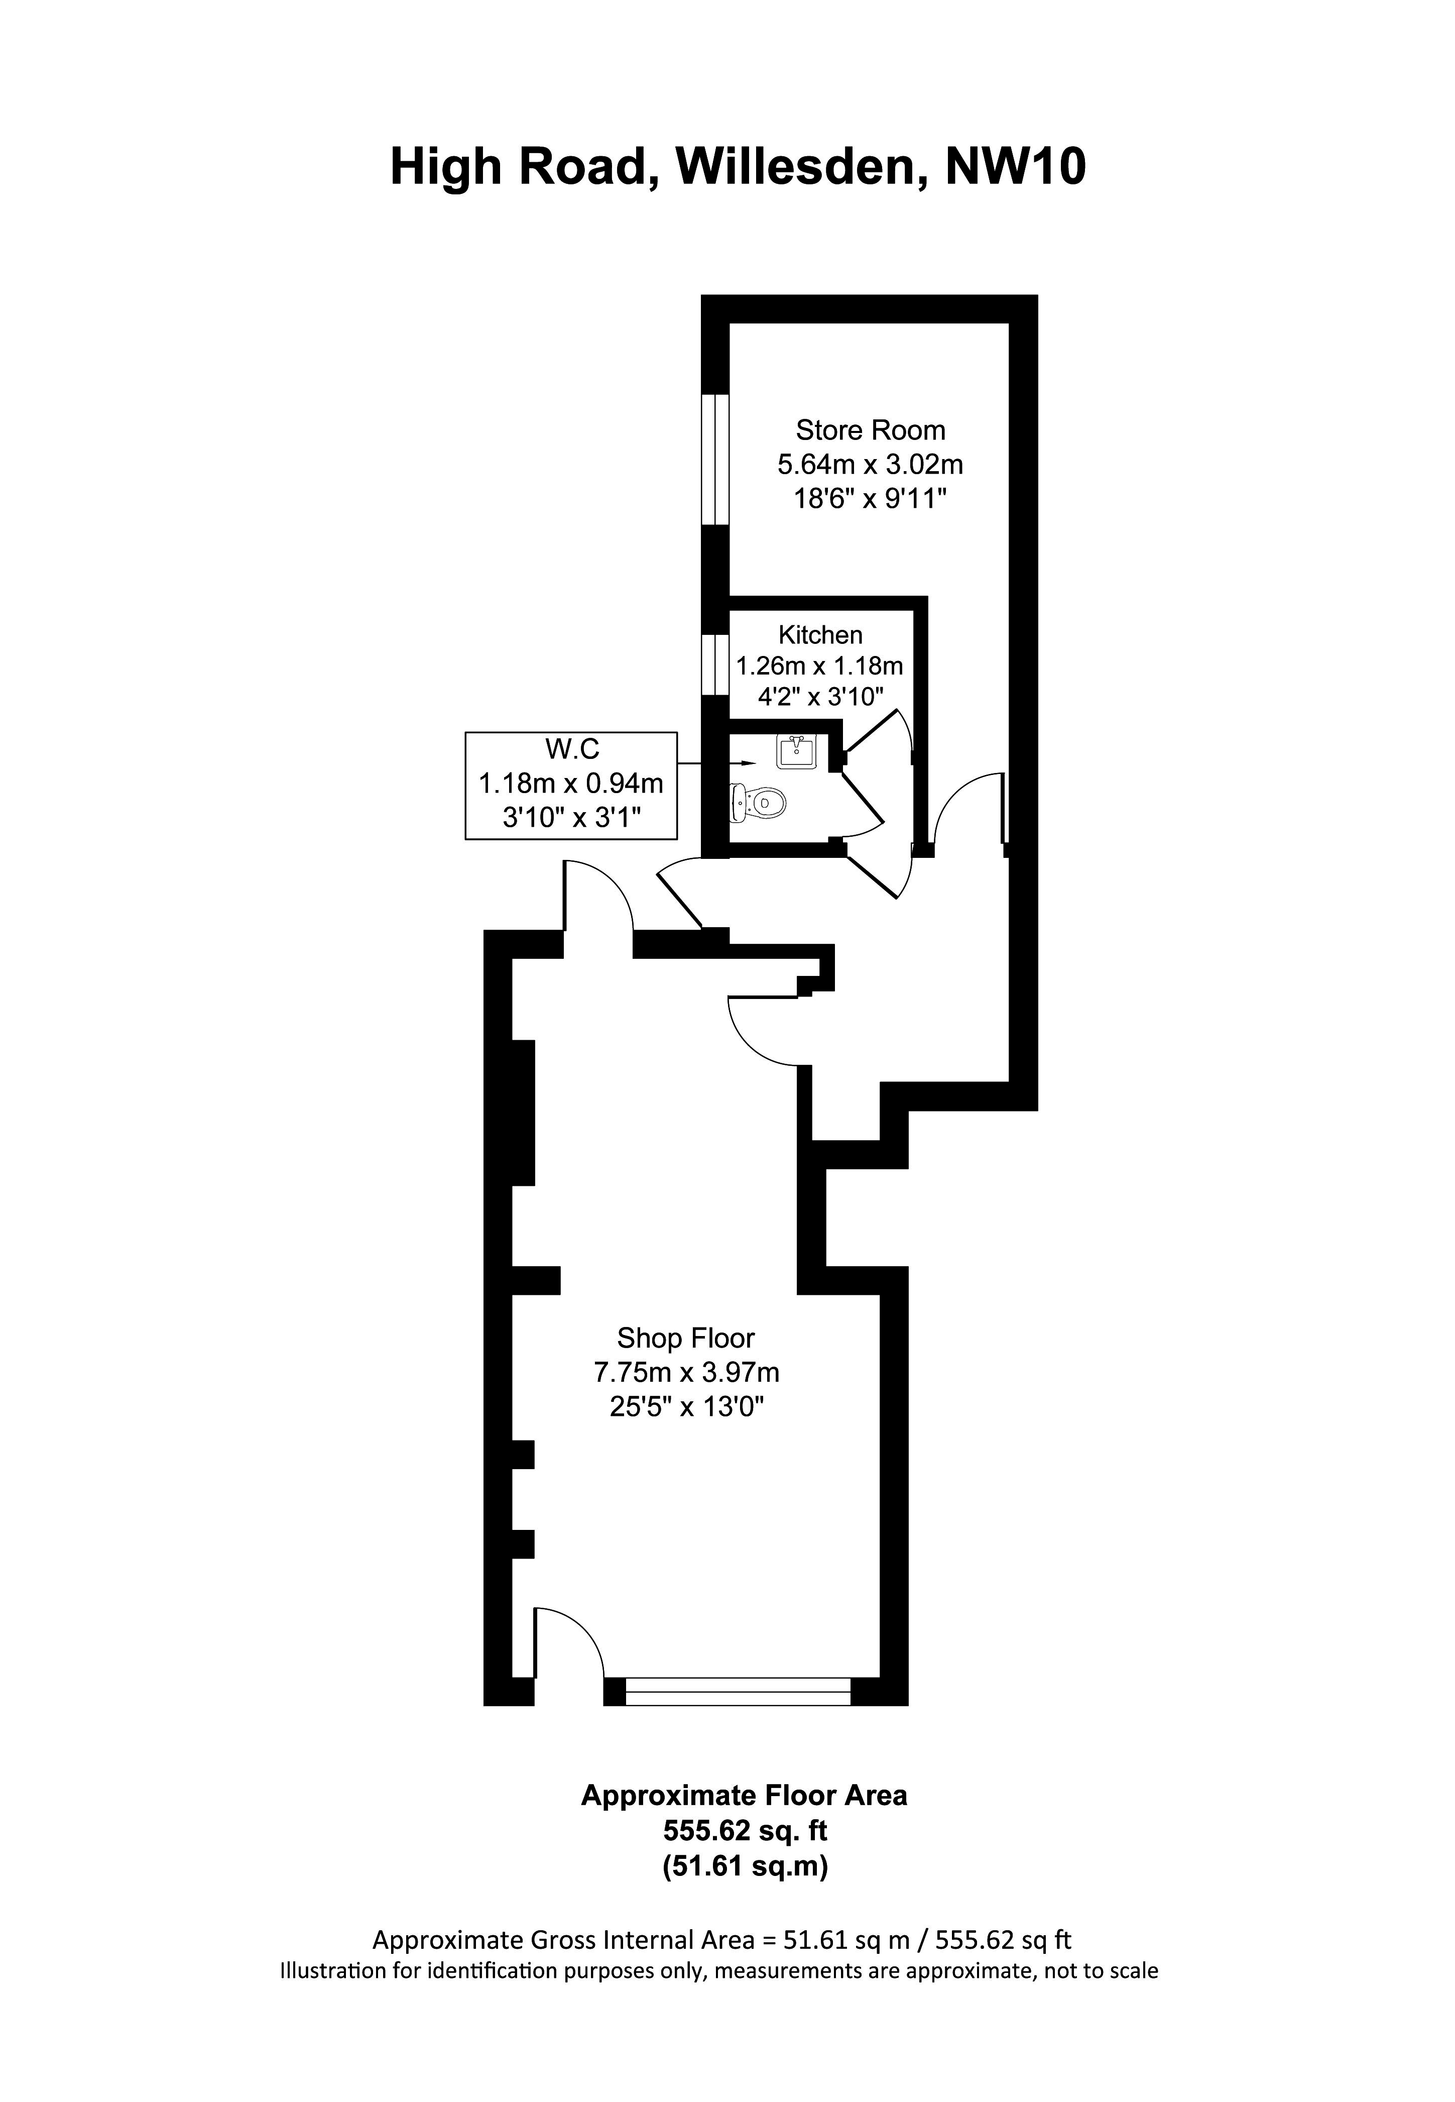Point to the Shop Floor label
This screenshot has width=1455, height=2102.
coord(685,1338)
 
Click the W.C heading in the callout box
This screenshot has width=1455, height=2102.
coord(571,749)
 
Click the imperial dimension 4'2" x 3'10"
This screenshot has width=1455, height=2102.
coord(820,698)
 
